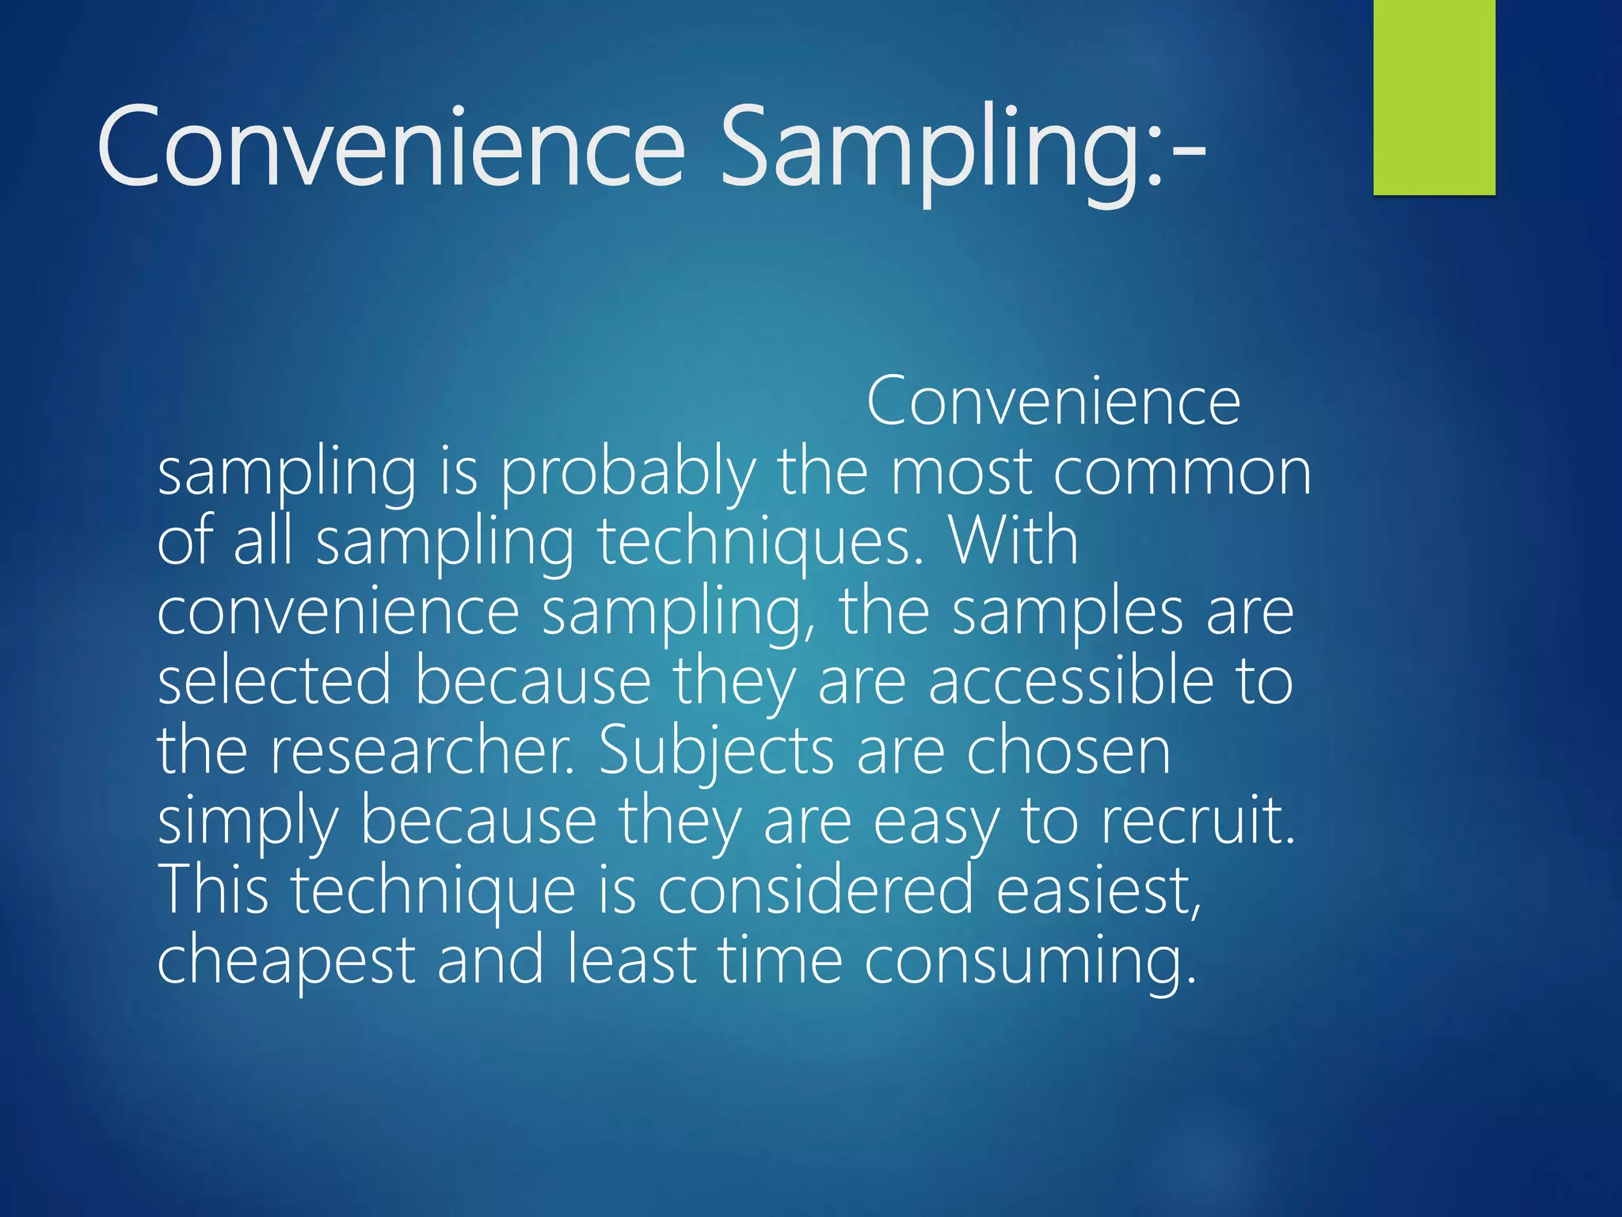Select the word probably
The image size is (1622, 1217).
pyautogui.click(x=628, y=474)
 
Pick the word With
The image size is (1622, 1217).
pyautogui.click(x=1013, y=542)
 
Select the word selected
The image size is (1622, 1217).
pyautogui.click(x=274, y=681)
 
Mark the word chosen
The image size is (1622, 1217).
pyautogui.click(x=1068, y=751)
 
